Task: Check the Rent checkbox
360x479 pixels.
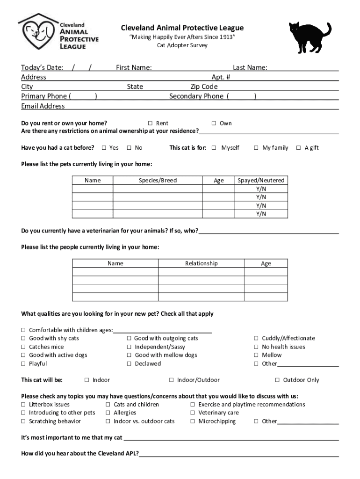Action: (x=151, y=123)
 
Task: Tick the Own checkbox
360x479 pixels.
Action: (x=214, y=123)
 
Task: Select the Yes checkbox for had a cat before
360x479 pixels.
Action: (x=104, y=148)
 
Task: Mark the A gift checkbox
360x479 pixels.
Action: (x=298, y=148)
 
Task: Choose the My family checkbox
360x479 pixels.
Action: (x=256, y=148)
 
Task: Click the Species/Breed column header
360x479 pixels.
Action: (x=158, y=181)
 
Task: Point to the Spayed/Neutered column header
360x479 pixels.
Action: (x=261, y=181)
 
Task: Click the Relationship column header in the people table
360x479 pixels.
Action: (x=201, y=263)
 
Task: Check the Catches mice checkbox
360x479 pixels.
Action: (x=23, y=347)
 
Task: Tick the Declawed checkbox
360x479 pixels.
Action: (x=129, y=364)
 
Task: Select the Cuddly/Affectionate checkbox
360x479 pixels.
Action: (x=256, y=339)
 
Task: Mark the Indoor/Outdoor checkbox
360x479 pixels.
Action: (x=172, y=380)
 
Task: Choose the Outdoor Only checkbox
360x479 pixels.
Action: (x=277, y=380)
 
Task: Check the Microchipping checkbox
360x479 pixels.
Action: (x=193, y=421)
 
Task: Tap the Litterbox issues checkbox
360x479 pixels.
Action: (x=23, y=405)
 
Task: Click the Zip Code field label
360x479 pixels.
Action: (x=204, y=87)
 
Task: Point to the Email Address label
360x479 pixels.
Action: (x=43, y=106)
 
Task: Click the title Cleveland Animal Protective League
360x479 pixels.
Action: (x=182, y=28)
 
